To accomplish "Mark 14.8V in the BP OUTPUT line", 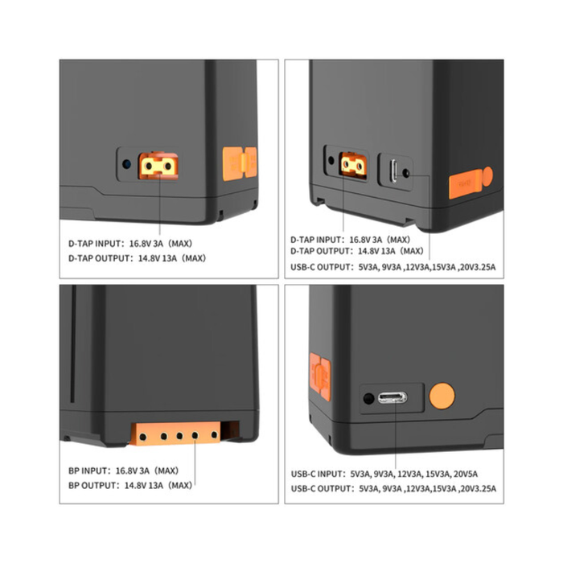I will click(132, 485).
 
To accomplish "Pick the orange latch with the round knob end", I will click(471, 183).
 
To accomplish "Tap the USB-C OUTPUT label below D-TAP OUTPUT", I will click(321, 266).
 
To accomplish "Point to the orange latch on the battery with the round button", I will click(319, 373).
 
